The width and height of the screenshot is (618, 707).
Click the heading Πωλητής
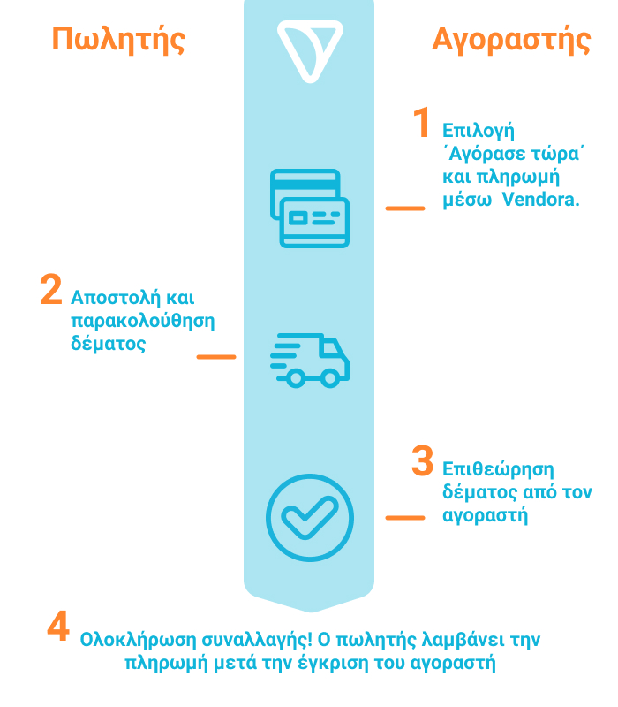[x=118, y=40]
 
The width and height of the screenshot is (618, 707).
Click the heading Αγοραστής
[x=511, y=40]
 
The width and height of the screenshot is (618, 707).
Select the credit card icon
[x=310, y=209]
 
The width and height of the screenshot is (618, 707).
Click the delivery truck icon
[x=310, y=361]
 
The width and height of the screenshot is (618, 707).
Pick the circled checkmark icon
[x=310, y=518]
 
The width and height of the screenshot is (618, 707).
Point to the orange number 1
[x=422, y=122]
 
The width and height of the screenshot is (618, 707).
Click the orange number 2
[x=51, y=289]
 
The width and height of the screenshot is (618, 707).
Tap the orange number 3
[x=423, y=460]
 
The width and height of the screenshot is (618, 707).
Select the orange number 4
[x=58, y=626]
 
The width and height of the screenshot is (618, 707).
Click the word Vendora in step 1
[x=540, y=200]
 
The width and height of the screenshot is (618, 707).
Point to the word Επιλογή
[x=479, y=131]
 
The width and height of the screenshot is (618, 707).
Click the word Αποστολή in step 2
[x=116, y=298]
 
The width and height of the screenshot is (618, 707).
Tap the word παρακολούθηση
[x=143, y=322]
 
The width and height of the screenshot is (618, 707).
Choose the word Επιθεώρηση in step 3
[x=498, y=470]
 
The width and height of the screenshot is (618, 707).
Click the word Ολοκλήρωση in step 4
[x=139, y=640]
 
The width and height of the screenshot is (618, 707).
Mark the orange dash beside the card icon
[x=405, y=209]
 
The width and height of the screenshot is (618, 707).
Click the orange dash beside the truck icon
[x=216, y=357]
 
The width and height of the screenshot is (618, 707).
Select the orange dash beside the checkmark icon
[x=405, y=518]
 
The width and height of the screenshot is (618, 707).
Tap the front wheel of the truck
[x=330, y=378]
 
